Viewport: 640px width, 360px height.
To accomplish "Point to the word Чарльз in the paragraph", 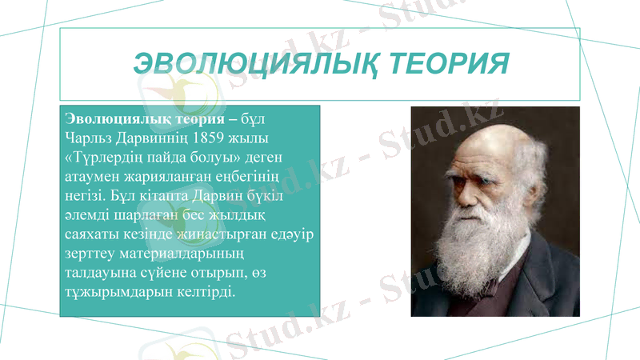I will [86, 138].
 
